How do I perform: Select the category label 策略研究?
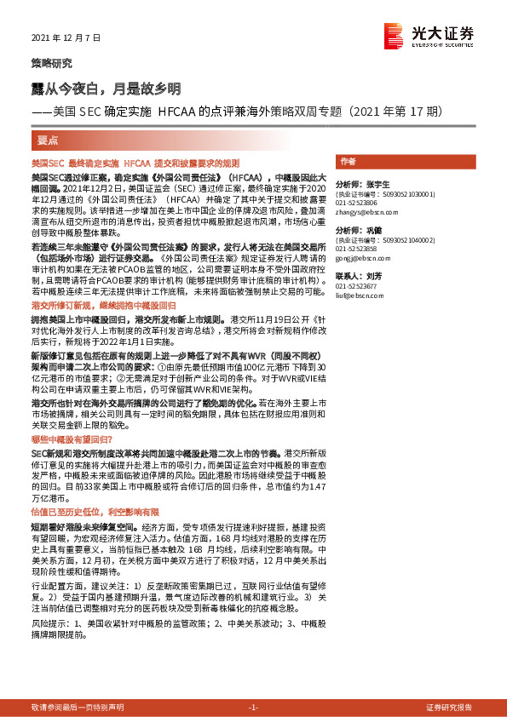[x=52, y=64]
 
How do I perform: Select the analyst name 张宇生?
[x=377, y=184]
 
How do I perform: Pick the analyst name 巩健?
[x=375, y=231]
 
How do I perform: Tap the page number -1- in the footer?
[x=253, y=708]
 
